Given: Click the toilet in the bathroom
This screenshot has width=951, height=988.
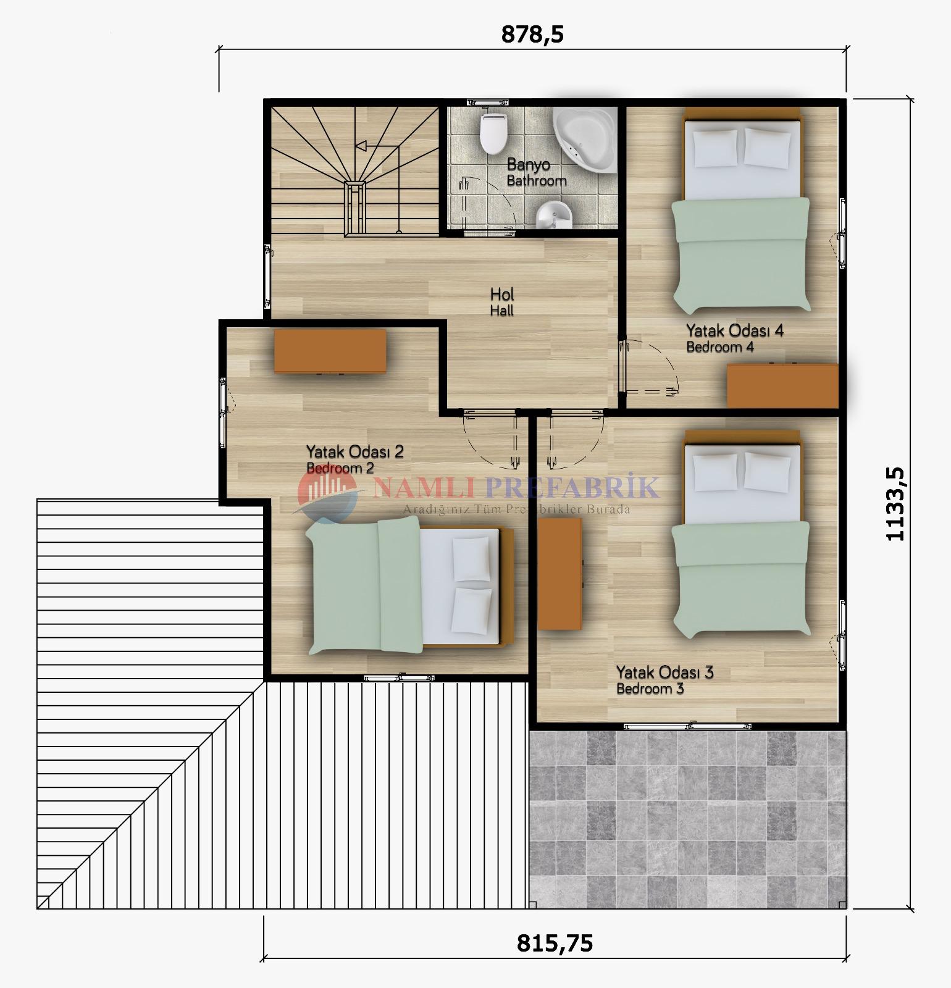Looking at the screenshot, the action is pos(493,133).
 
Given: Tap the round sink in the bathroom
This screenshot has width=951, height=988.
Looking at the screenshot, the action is pos(554,216).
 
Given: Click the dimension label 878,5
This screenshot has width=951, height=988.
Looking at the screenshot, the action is pos(532,35).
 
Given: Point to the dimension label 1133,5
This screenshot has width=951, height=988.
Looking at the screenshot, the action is pos(895,504).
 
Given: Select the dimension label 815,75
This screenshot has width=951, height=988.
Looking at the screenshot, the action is pos(555,943).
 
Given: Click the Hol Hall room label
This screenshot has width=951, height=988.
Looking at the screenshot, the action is pos(502,302).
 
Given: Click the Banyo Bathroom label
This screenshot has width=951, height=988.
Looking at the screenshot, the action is pos(537,173).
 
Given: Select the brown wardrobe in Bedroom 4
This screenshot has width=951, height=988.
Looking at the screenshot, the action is pos(782,385).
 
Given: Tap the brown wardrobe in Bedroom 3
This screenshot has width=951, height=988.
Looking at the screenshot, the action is pos(559,574).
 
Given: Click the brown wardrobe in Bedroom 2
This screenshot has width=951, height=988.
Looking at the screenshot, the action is pos(330,351).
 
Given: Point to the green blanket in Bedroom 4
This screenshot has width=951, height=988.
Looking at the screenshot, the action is pos(740,254).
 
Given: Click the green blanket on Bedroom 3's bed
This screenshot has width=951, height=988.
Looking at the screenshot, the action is pos(740,579).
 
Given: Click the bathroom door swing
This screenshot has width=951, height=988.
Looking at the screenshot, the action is pos(488,204).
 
